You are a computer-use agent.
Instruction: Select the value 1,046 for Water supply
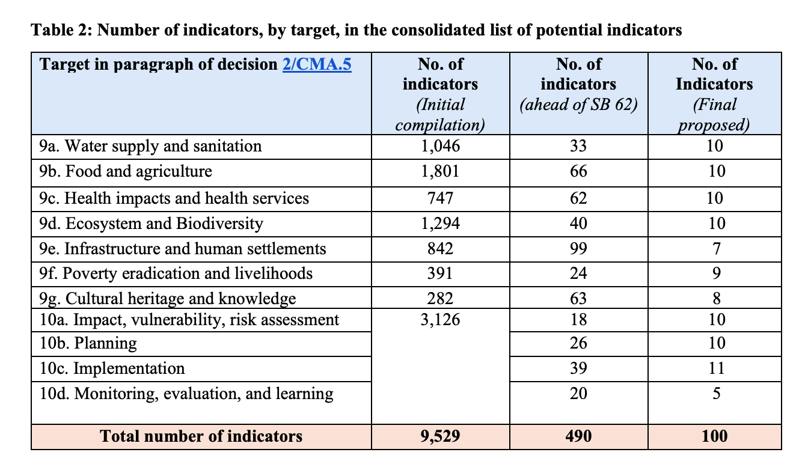click(x=440, y=146)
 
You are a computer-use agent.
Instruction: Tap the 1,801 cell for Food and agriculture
click(x=440, y=171)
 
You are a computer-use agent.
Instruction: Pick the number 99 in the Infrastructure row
click(x=578, y=248)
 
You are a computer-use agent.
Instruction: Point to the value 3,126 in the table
click(x=440, y=320)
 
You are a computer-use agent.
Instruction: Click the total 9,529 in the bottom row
click(x=440, y=436)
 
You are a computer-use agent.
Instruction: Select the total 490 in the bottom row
click(x=578, y=436)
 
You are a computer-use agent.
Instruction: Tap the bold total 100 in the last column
click(x=714, y=436)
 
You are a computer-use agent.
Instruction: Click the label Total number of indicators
click(x=201, y=436)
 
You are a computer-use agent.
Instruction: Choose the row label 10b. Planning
click(x=88, y=343)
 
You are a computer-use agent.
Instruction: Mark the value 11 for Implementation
click(x=714, y=368)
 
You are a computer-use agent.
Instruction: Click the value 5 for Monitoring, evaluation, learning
click(x=714, y=394)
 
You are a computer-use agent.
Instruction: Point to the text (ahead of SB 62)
click(x=578, y=105)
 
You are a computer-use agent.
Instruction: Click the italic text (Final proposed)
click(x=714, y=115)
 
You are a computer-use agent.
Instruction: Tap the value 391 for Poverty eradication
click(x=440, y=273)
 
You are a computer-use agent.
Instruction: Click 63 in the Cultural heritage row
click(x=578, y=298)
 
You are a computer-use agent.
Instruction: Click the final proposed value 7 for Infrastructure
click(x=714, y=248)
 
